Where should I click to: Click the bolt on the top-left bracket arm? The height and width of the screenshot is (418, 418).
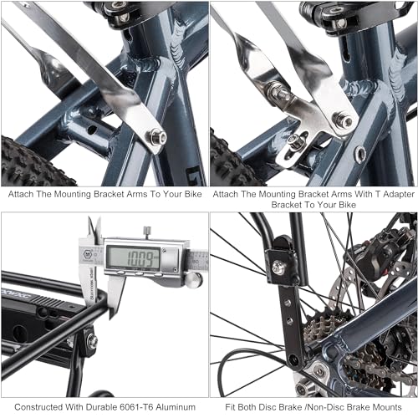(x=156, y=137)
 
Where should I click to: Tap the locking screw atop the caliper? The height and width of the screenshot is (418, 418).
(x=145, y=232)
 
